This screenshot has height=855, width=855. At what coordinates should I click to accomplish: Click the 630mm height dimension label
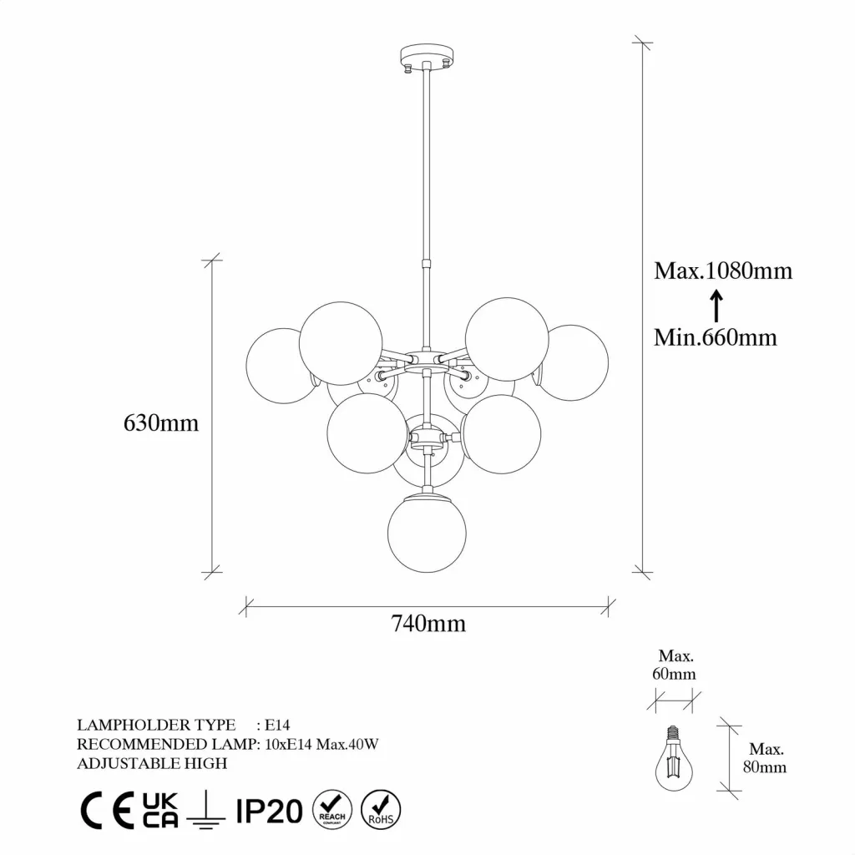[x=161, y=423]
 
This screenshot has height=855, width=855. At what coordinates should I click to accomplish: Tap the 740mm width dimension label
[x=428, y=623]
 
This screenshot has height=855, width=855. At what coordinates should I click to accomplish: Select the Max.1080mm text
[x=723, y=271]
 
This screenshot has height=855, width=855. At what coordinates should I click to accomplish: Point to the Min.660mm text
[x=716, y=337]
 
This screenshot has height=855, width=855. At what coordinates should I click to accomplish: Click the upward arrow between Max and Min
[x=716, y=306]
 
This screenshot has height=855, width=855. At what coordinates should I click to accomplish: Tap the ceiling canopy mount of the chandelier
[x=427, y=58]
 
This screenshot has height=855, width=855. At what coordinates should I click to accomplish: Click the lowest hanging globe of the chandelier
[x=427, y=534]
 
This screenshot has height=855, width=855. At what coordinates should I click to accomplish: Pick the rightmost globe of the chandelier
[x=576, y=363]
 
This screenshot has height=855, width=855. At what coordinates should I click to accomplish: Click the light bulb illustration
[x=674, y=758]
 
